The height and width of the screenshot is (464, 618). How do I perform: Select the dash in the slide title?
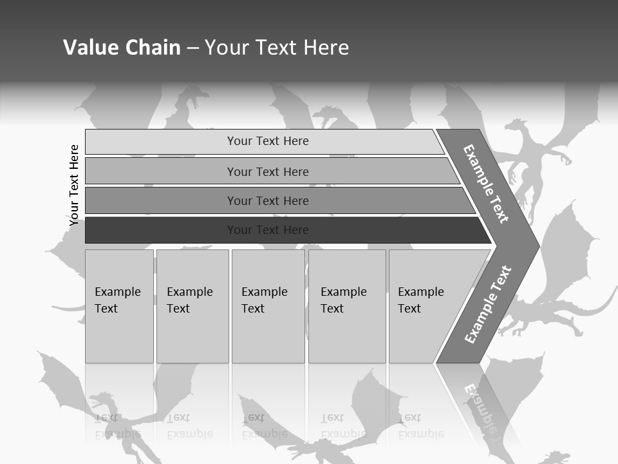pos(192,48)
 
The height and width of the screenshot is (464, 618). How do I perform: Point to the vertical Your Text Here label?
pos(74,185)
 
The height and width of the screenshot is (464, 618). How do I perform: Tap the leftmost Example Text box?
pos(119,306)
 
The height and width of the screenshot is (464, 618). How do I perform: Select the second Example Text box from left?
pos(192,306)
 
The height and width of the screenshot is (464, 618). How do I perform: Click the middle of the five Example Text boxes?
pos(268,306)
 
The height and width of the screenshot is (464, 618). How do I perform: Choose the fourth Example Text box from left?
pos(347,306)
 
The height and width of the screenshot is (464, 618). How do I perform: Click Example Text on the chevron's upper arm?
pos(486,184)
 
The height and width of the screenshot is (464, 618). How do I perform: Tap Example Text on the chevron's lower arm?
pos(488,304)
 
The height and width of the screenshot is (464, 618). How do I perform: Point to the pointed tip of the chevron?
pos(536,246)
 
